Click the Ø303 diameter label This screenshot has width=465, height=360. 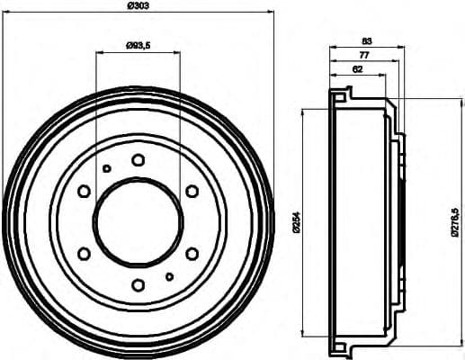(138, 7)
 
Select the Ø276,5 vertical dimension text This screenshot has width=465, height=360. (456, 221)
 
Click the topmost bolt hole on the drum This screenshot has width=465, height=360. (138, 160)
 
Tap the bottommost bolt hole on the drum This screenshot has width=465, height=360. (138, 284)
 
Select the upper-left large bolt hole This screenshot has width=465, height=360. (85, 191)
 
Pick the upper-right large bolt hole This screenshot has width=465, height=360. (192, 191)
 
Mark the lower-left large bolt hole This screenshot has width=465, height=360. (85, 253)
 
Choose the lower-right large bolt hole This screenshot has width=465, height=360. (192, 253)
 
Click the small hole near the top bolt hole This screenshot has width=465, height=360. (107, 168)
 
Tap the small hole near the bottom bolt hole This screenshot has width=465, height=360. (169, 275)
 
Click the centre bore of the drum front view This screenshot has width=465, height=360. (138, 222)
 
